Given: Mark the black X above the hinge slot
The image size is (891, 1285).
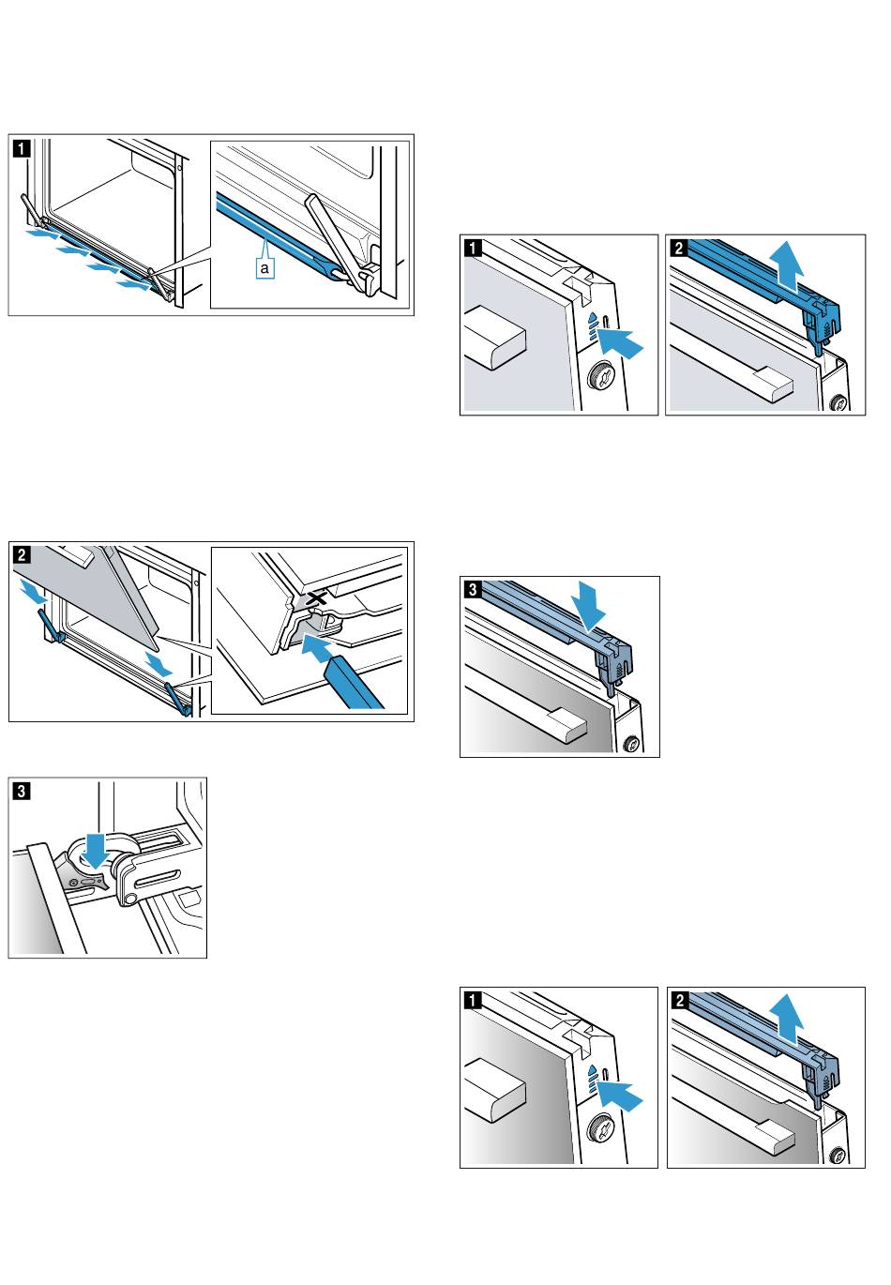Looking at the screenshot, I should tap(317, 597).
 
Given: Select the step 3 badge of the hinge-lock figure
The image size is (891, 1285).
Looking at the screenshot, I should tap(22, 790).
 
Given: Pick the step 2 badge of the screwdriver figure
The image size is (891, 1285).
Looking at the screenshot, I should tap(22, 553).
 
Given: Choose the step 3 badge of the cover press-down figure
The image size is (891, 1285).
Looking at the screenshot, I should tap(473, 589).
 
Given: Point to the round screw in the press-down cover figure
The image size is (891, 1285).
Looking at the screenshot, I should tap(631, 744).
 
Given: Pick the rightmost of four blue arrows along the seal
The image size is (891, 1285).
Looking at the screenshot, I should tap(134, 281).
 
